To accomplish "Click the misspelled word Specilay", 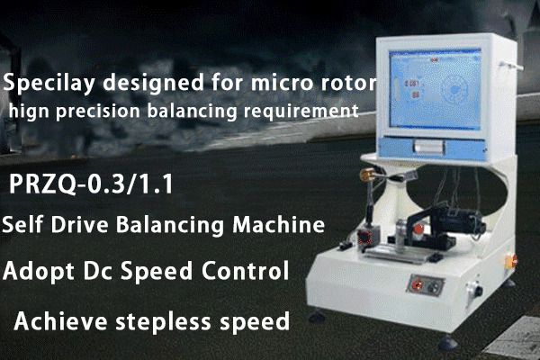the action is pos(49,84).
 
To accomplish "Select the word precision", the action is pos(98,112).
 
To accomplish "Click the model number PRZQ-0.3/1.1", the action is pos(91,184).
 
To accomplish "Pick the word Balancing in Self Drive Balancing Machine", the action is pos(170,225).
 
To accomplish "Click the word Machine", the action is pos(279,224).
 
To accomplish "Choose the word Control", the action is pos(245,270).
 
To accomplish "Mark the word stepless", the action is pos(163,321).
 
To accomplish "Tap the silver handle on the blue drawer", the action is pos(428,147).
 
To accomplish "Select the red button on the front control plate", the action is pos(418,284).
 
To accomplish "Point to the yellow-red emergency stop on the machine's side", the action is pos(511,261).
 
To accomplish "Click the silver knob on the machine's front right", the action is pos(475,290).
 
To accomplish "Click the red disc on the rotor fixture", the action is pos(418,229).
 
